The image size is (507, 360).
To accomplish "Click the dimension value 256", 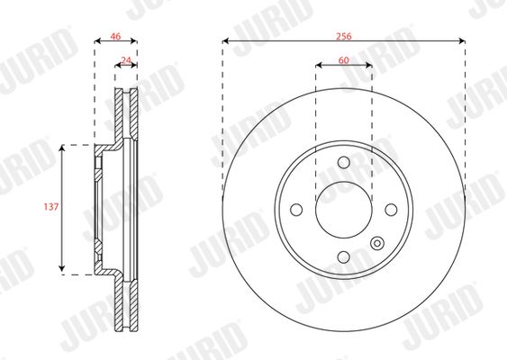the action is [343, 36].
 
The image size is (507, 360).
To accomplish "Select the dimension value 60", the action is [344, 60].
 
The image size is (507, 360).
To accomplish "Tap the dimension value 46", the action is [115, 36].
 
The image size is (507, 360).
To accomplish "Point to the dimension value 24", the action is [126, 60].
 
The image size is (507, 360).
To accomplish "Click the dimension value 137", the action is [51, 206].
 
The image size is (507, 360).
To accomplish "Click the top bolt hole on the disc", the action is [344, 162].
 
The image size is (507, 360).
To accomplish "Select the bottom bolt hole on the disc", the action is [344, 257].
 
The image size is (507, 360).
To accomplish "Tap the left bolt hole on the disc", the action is [296, 210].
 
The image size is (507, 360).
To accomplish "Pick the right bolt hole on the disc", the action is [391, 210].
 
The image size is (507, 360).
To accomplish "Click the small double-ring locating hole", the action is [377, 243].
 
